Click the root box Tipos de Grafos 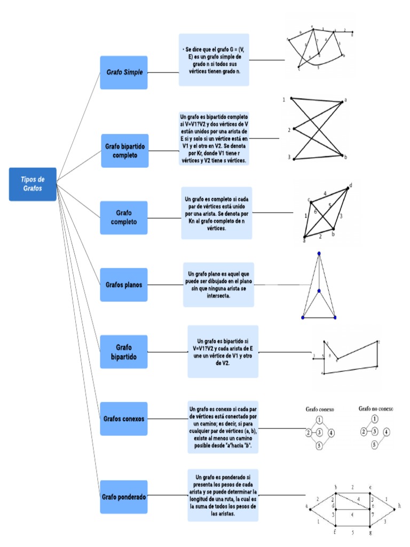(33, 184)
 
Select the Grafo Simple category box (124, 72)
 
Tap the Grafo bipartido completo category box (124, 151)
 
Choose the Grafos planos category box (123, 285)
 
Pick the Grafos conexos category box (123, 419)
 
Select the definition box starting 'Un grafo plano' (218, 284)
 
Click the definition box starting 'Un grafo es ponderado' (223, 495)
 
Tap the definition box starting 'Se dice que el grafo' (214, 60)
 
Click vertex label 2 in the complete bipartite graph (289, 130)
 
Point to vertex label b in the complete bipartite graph (345, 157)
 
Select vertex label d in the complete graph (351, 186)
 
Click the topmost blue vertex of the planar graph (319, 253)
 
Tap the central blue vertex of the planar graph (319, 291)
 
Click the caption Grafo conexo (320, 409)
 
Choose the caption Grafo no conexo (375, 409)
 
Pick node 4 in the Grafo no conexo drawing (387, 432)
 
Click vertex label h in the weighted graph (399, 504)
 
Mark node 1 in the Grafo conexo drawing (319, 420)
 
